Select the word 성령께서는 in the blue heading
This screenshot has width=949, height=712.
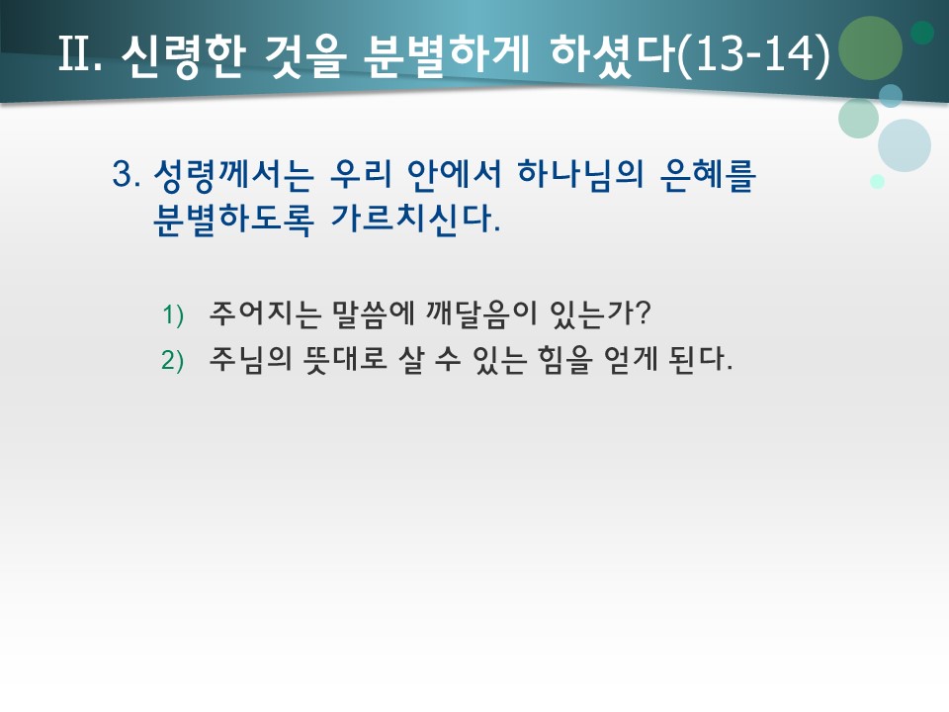[x=234, y=176]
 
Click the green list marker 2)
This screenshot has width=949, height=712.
[x=173, y=361]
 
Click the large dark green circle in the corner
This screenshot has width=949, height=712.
[x=870, y=47]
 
